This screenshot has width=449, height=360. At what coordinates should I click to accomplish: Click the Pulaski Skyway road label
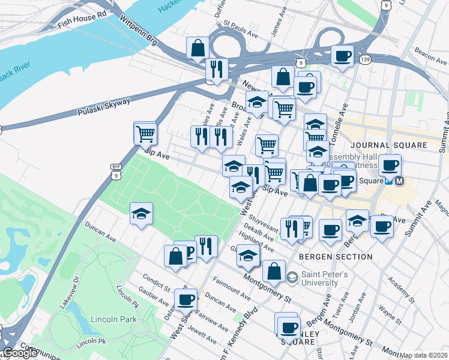click(104, 107)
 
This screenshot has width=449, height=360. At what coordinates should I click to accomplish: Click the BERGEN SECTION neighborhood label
click(335, 256)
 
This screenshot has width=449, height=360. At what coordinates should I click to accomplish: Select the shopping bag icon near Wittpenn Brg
click(197, 48)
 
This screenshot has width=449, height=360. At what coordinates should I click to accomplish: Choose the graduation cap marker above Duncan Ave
click(141, 214)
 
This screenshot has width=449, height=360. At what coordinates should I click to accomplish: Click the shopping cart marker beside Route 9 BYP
click(145, 133)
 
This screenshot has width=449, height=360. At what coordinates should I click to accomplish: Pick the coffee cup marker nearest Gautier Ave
click(185, 299)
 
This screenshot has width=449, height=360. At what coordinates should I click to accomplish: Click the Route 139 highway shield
click(364, 59)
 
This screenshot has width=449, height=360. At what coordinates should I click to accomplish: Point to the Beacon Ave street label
click(433, 56)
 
